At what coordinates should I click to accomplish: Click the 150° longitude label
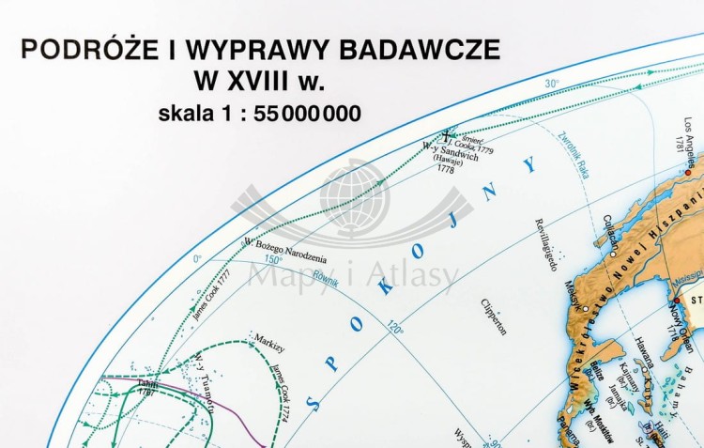pyautogui.click(x=272, y=259)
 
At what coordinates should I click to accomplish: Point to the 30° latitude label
pyautogui.click(x=552, y=84)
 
